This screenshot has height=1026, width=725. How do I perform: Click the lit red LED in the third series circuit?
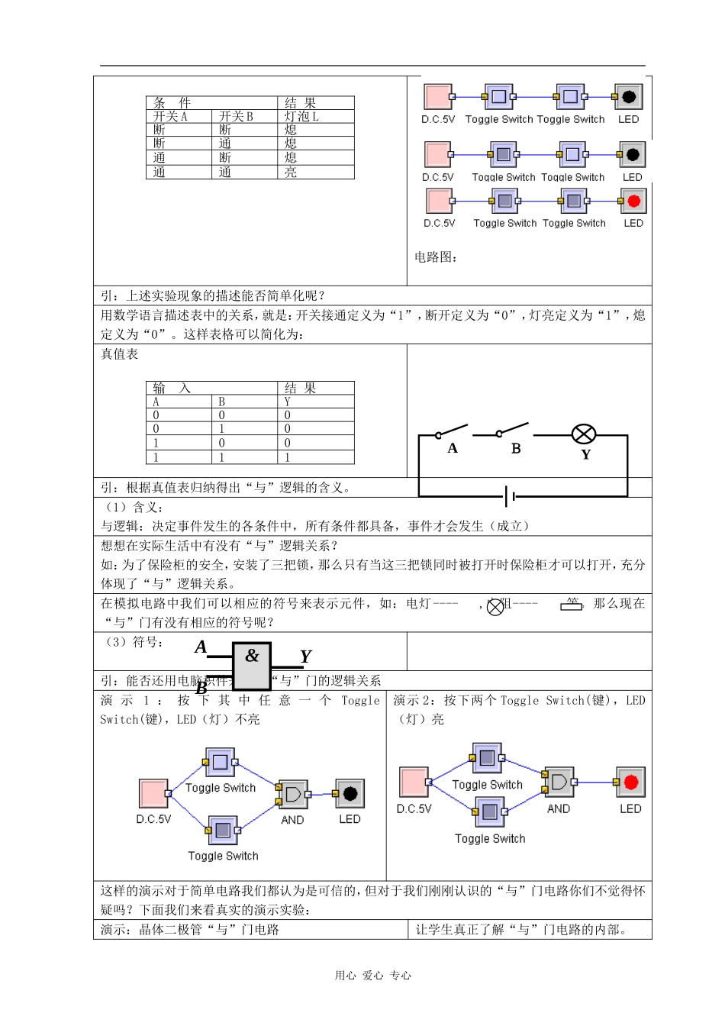pos(633,202)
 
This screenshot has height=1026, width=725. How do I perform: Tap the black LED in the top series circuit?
pos(628,97)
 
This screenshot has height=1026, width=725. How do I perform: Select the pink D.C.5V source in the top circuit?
pos(438,97)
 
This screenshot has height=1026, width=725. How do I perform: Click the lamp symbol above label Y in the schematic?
pos(584,435)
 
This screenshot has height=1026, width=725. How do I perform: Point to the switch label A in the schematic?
pos(453,449)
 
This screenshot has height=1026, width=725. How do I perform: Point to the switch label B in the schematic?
pos(516,449)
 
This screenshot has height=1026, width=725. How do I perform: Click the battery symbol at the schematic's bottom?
pos(510,497)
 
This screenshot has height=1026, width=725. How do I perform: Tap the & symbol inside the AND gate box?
pos(252,656)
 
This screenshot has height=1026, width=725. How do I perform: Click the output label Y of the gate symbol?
pos(305,657)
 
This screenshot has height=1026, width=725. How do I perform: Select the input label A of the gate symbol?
pos(201,647)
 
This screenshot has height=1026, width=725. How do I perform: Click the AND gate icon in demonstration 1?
pos(292,794)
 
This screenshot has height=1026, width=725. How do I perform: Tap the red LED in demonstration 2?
pos(630,782)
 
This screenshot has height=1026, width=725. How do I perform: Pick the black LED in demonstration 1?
pos(350,794)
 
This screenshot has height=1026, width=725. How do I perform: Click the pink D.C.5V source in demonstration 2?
pos(414,782)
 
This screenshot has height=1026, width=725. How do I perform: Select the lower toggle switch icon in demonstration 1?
pos(222,830)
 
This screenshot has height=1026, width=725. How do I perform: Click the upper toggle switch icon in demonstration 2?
pos(487,758)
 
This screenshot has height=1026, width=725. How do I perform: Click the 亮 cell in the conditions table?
pos(291,173)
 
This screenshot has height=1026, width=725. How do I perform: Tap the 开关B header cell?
pos(236,117)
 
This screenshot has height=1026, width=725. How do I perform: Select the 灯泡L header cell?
pos(301,117)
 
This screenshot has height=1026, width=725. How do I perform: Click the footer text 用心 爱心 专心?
pos(372,976)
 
